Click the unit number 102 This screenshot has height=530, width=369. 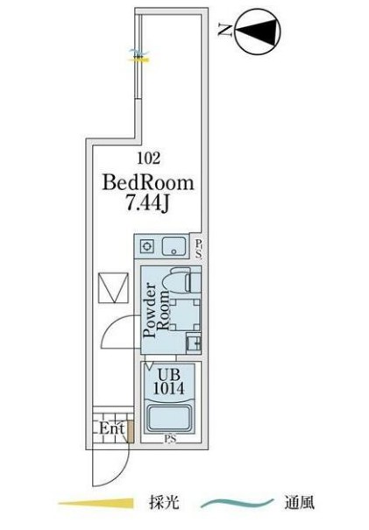148,158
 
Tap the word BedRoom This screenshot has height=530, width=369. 148,182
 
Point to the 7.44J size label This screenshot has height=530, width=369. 147,204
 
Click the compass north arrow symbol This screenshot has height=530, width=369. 258,32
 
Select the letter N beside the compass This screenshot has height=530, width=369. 225,31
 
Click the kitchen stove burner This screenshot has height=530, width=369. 147,246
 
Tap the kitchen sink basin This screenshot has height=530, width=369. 174,246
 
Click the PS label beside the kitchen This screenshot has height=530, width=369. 199,249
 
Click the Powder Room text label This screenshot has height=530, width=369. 156,310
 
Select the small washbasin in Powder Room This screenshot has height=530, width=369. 194,344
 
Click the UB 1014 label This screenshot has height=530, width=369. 169,382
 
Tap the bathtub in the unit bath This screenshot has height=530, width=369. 169,419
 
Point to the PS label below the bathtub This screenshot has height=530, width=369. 170,439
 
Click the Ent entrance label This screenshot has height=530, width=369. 111,428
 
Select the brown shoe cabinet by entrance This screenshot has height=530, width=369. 131,431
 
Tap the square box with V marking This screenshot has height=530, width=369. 114,288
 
